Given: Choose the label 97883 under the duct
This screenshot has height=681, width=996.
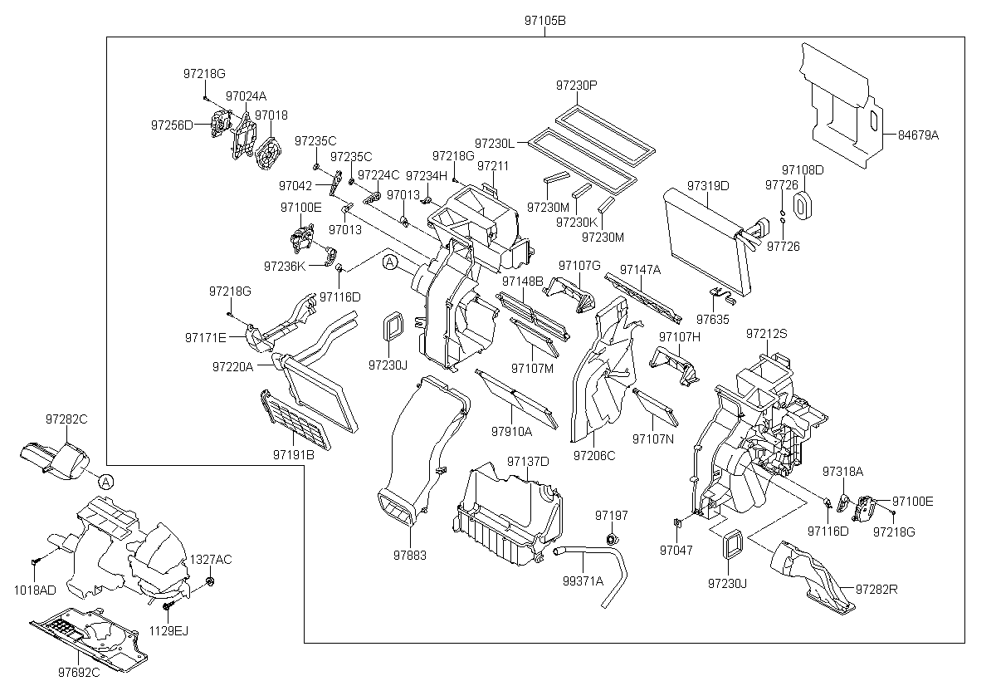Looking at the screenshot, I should point(410,554).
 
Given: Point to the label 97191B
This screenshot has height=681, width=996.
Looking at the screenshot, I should point(293,454).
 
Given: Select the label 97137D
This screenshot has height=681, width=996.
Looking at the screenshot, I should point(528,461).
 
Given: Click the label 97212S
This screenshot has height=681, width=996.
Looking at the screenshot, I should point(766,333).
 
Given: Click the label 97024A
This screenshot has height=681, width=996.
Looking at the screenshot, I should point(246,96).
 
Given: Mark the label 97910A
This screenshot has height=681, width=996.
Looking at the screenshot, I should point(511,431).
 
